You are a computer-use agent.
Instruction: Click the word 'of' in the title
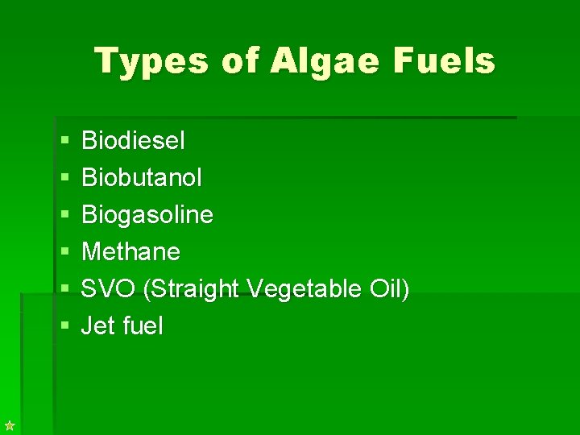tap(232, 61)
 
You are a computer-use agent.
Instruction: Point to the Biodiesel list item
tap(133, 141)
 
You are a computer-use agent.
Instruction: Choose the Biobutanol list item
tap(142, 178)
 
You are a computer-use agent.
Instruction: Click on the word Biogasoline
tap(147, 215)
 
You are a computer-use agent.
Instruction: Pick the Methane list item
tap(130, 252)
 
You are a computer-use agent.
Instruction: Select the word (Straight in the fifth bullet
tap(191, 289)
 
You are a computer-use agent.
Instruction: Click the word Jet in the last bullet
tap(98, 326)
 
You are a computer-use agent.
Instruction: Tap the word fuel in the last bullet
tap(143, 326)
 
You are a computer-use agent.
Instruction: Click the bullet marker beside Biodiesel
tap(64, 142)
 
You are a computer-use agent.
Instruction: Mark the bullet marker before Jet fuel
tap(64, 327)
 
